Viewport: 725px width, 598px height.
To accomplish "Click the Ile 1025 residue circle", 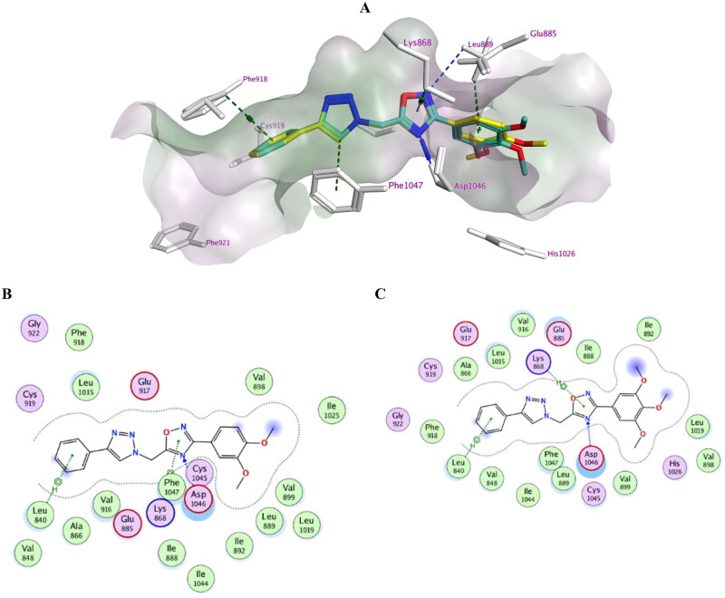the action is point(332,411).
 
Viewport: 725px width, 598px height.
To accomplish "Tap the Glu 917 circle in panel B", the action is point(145,386).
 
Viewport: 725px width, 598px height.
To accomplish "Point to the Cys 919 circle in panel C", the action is point(430,371).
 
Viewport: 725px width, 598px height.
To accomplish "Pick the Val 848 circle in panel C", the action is point(492,477).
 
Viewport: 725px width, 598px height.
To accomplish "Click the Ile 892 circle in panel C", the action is point(648,327).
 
